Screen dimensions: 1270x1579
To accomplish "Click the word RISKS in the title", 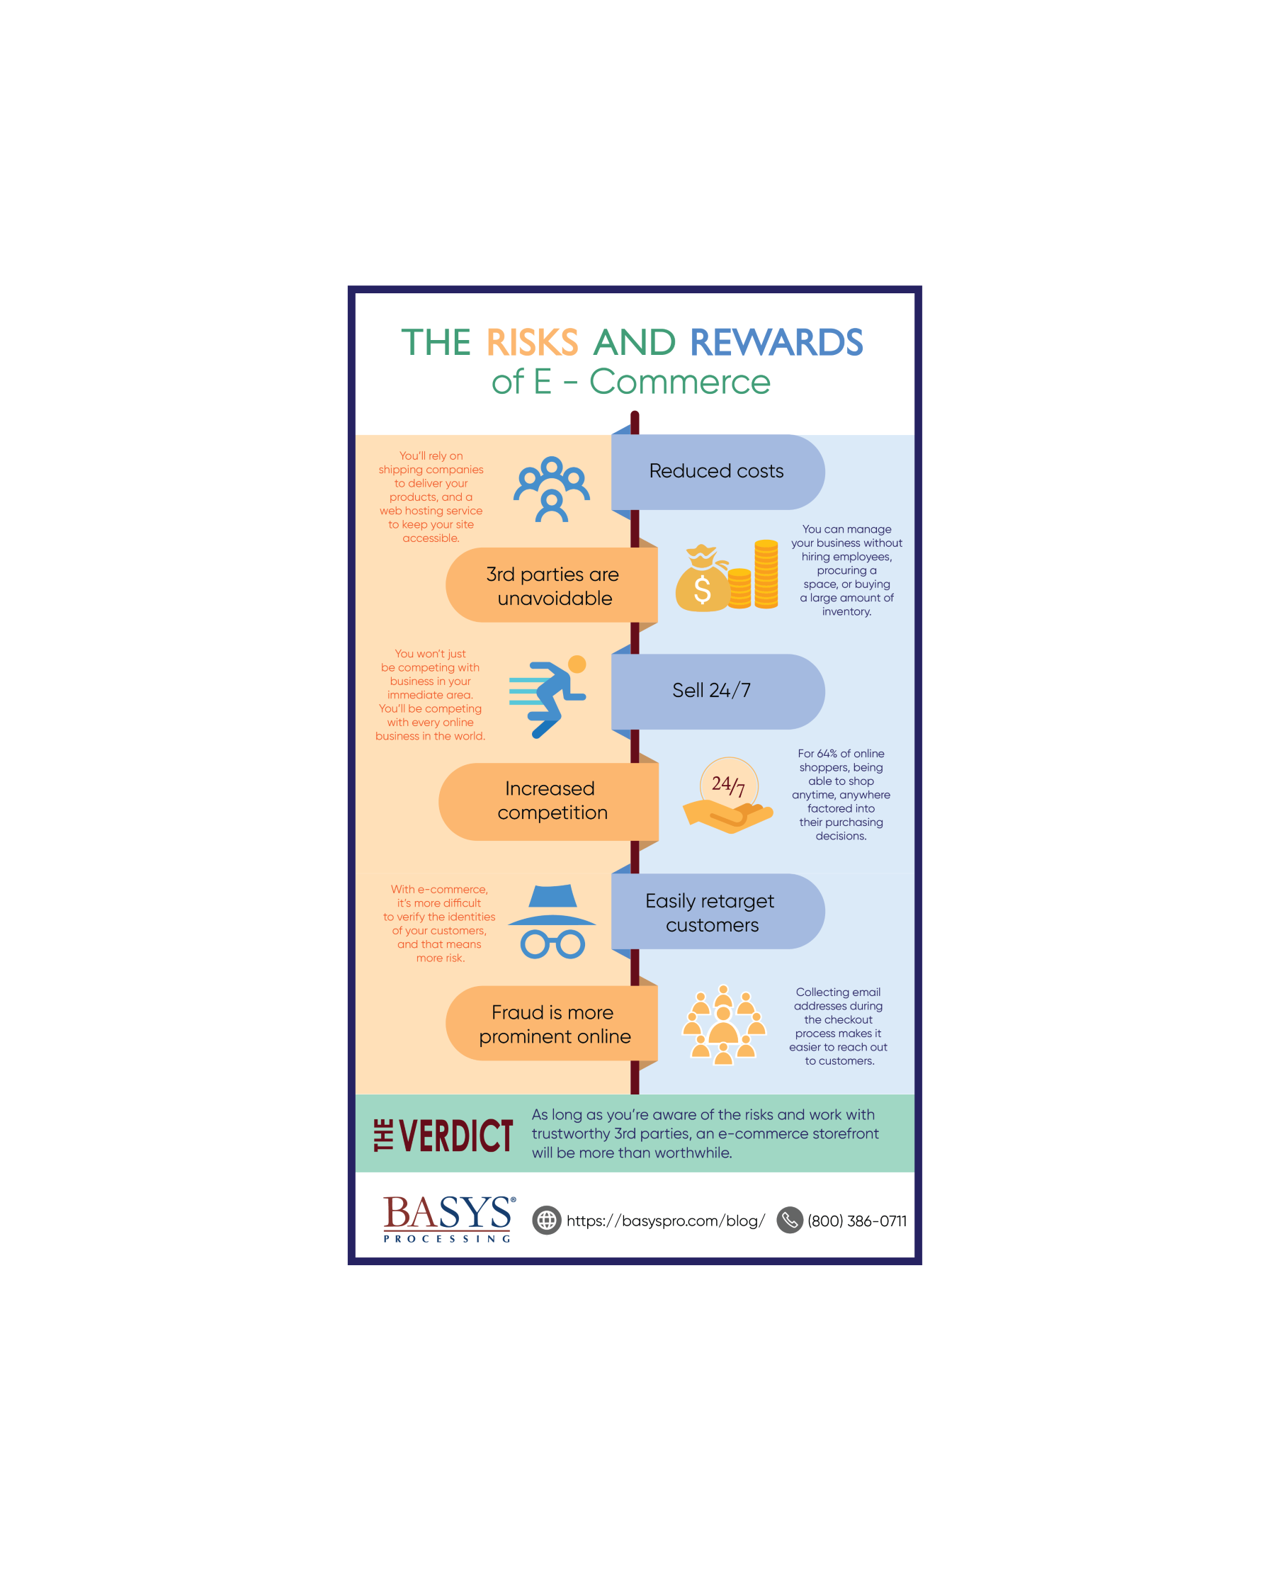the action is click(x=532, y=343).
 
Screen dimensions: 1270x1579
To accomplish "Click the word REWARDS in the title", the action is click(x=776, y=343).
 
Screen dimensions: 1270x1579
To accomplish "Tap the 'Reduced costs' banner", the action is click(x=718, y=472).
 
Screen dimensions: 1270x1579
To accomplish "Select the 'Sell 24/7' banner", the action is click(x=718, y=691).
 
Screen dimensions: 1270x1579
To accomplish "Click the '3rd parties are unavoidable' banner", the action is click(x=552, y=585).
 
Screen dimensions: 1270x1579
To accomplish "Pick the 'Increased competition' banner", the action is click(x=548, y=801).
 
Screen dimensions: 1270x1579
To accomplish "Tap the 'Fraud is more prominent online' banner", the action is click(x=552, y=1023).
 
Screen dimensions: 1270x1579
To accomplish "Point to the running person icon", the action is click(x=548, y=696).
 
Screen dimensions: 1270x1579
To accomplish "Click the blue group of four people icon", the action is click(x=552, y=489).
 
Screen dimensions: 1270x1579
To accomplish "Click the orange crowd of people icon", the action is click(x=724, y=1024).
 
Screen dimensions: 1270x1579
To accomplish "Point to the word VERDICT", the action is click(x=455, y=1136).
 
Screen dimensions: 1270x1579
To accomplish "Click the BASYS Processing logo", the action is click(x=449, y=1218).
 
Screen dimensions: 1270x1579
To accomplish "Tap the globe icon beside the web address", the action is click(x=546, y=1220).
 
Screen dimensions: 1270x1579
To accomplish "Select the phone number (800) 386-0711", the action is click(x=857, y=1221).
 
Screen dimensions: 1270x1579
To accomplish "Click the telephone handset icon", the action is click(x=790, y=1220).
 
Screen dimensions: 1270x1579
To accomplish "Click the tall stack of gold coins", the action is click(x=766, y=575).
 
